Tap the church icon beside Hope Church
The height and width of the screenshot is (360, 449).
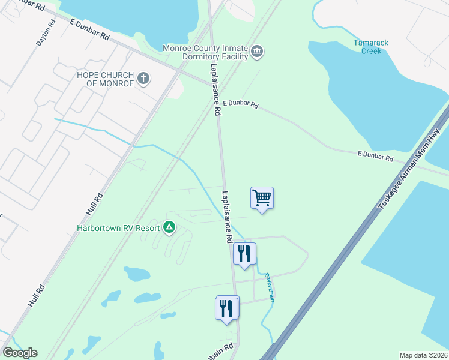pos(143,78)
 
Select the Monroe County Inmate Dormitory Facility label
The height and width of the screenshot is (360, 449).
pos(205,52)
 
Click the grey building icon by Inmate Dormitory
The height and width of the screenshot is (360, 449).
pos(257,52)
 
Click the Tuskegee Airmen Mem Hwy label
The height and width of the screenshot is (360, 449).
pos(409,169)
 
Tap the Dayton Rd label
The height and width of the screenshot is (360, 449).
pos(46,32)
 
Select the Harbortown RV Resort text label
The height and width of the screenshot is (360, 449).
pos(118,228)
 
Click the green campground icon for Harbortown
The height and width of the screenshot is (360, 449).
pos(169,227)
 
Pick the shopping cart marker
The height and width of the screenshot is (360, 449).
pos(262,197)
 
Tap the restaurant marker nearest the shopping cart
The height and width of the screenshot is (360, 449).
pos(244,253)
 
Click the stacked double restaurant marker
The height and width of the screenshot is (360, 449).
pos(227,308)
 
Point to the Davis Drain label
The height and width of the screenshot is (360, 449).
pos(270,287)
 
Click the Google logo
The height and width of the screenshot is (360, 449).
pos(20,353)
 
